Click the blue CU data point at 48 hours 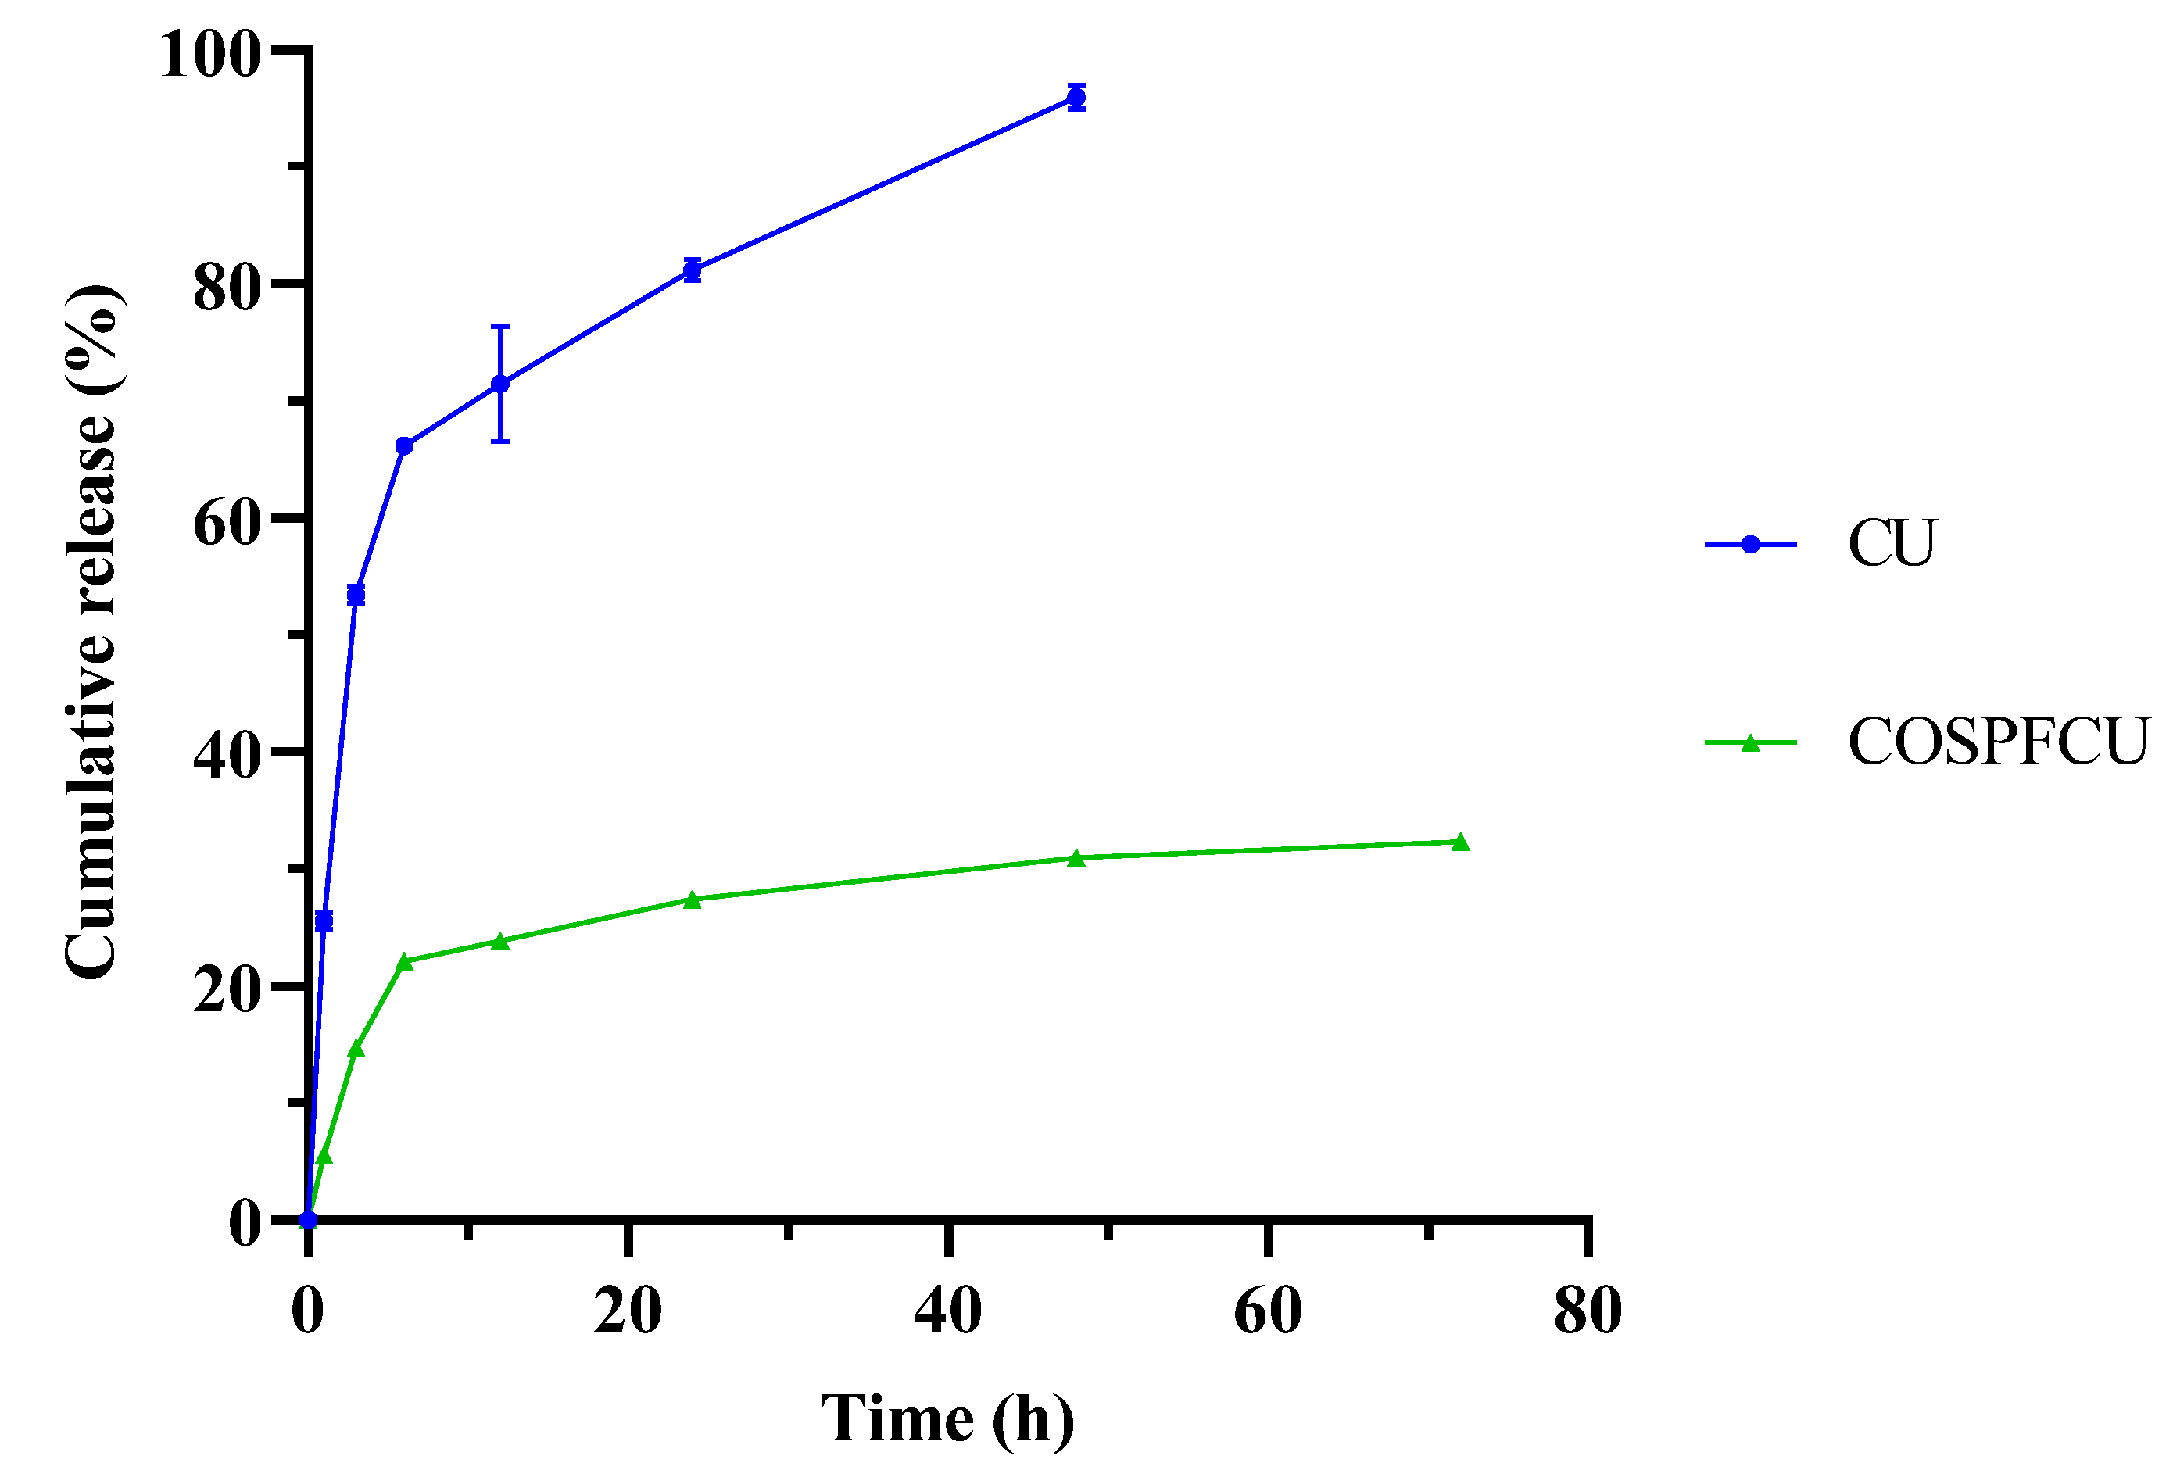point(1076,97)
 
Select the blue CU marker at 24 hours point(692,271)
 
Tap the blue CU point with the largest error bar point(500,384)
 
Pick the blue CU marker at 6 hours point(404,446)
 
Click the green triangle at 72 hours point(1460,842)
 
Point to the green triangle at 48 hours point(1076,858)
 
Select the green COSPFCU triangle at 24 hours point(692,900)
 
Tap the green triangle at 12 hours point(500,942)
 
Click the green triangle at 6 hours point(404,962)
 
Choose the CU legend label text point(1891,543)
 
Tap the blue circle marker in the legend point(1750,544)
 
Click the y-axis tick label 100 point(209,54)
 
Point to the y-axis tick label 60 point(225,524)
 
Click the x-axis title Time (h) point(947,1418)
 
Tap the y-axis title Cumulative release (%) point(91,632)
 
